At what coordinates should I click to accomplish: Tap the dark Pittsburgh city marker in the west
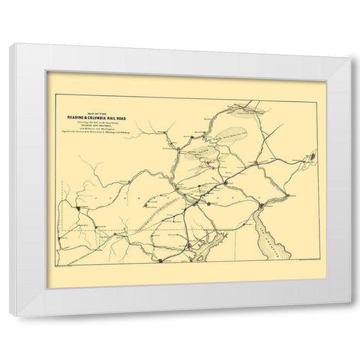[x=76, y=207]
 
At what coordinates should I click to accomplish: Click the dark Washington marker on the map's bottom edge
[x=160, y=259]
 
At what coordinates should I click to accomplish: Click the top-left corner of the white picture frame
[x=11, y=46]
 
